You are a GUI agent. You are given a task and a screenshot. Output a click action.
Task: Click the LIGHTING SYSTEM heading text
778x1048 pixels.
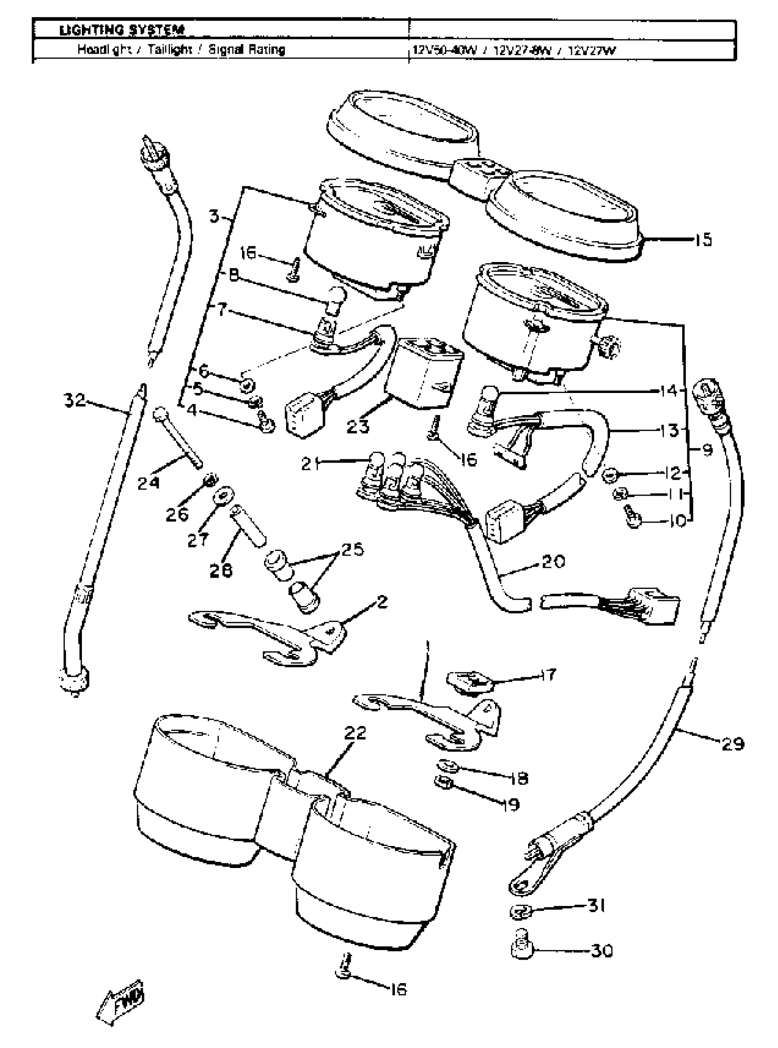click(121, 31)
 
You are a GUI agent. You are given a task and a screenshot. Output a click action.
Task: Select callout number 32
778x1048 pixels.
click(75, 400)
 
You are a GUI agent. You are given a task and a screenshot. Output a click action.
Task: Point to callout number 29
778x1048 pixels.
click(732, 743)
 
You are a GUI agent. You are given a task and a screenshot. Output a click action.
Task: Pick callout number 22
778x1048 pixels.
click(355, 733)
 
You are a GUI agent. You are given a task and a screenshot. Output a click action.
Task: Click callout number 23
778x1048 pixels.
click(358, 426)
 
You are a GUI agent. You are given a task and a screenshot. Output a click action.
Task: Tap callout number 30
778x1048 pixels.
click(601, 951)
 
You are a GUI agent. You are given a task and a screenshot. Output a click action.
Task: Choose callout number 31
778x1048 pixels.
click(596, 906)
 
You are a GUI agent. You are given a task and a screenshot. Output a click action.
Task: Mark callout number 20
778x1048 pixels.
click(553, 562)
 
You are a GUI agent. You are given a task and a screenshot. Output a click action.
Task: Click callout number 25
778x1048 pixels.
click(353, 550)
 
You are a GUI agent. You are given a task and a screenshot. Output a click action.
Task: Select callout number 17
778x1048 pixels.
click(548, 674)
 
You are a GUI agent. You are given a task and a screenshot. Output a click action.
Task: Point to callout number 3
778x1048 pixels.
click(215, 217)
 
